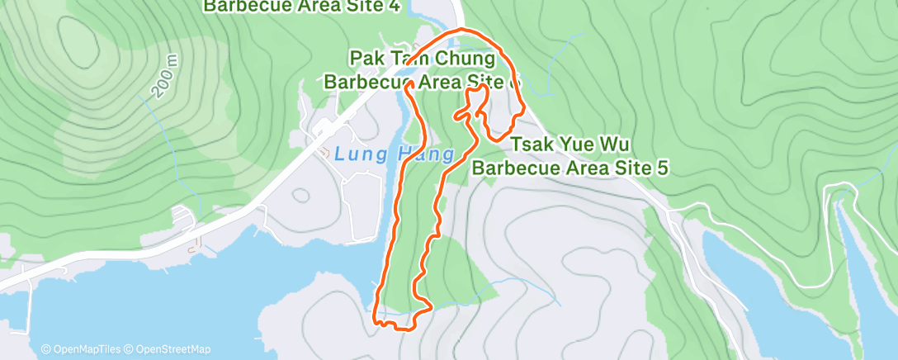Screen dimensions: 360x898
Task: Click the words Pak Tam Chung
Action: click(423, 59)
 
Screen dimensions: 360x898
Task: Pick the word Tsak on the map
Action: click(532, 145)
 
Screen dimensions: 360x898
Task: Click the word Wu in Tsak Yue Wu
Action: click(625, 145)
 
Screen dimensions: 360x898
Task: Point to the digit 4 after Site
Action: click(395, 7)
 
